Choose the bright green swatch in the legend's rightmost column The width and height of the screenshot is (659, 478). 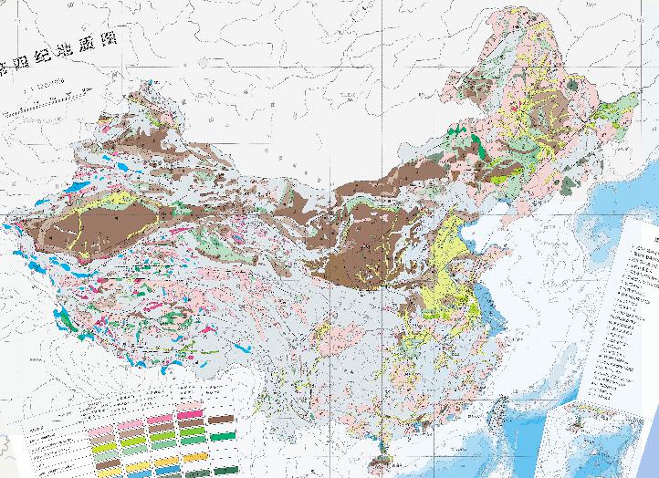[221, 436]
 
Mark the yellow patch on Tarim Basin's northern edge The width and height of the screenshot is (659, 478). [116, 198]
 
